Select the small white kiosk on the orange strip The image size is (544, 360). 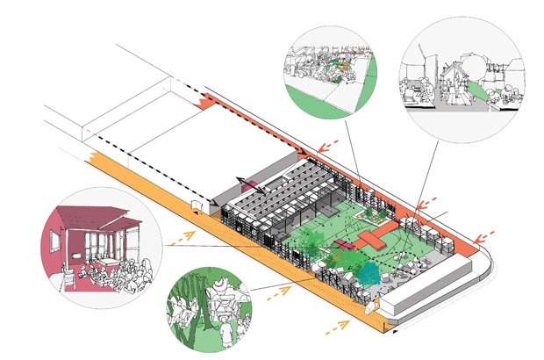[194, 209]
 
